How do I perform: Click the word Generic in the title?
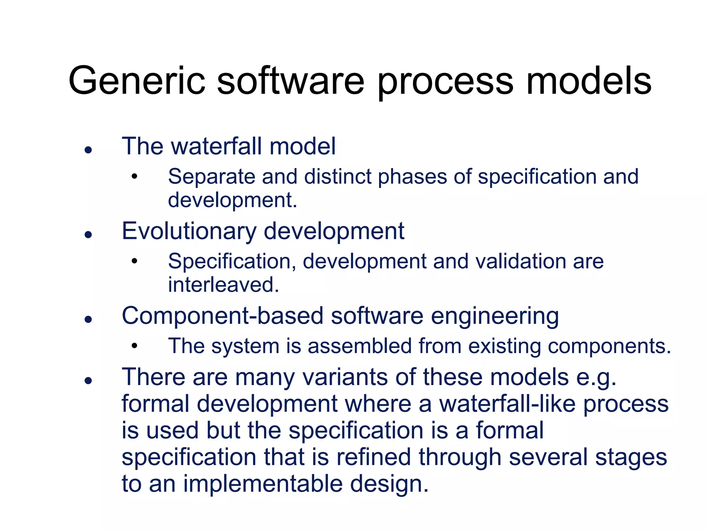click(x=137, y=81)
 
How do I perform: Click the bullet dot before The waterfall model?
click(x=88, y=150)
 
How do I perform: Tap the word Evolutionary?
click(x=189, y=231)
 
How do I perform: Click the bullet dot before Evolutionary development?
click(x=88, y=235)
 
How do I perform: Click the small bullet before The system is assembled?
click(x=134, y=346)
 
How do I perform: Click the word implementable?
click(x=263, y=484)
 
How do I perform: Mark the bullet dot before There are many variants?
click(x=88, y=381)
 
